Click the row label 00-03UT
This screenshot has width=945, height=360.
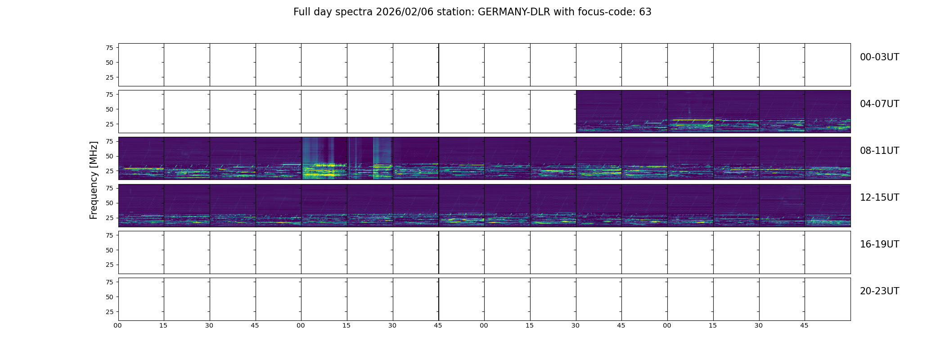click(x=879, y=57)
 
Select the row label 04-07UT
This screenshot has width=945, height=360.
click(x=879, y=104)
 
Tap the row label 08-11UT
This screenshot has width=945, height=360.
click(x=879, y=151)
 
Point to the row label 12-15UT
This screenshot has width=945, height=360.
click(x=879, y=198)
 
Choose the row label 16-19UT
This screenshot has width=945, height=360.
click(x=879, y=244)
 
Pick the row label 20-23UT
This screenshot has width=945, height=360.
click(x=879, y=291)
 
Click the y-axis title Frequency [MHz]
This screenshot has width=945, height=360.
click(x=94, y=180)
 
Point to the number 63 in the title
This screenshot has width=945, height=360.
click(x=645, y=12)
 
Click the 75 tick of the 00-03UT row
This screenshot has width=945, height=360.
click(x=109, y=48)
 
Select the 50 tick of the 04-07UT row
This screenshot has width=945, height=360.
click(x=109, y=109)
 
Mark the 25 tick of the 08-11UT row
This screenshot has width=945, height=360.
click(x=109, y=171)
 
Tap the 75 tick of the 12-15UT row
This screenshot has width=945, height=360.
click(x=109, y=188)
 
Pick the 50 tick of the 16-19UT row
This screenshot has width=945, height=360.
click(x=109, y=250)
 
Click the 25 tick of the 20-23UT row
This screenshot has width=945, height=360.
click(x=109, y=312)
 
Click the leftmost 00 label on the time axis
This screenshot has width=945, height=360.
click(x=118, y=325)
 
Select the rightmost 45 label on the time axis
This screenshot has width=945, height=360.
click(x=804, y=325)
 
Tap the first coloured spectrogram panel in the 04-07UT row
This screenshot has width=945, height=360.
click(x=598, y=112)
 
